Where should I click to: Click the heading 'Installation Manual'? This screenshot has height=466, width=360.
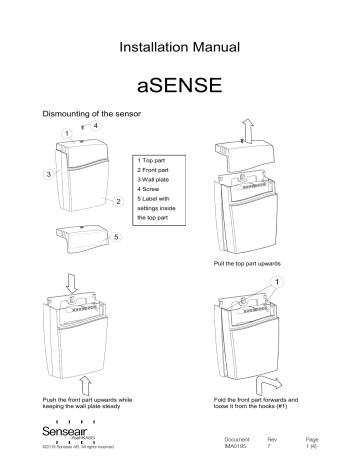[180, 46]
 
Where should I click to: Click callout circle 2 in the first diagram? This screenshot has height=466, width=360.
[118, 203]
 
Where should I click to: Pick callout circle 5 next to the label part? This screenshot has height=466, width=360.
[117, 236]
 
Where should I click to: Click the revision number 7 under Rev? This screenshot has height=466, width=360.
[268, 445]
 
